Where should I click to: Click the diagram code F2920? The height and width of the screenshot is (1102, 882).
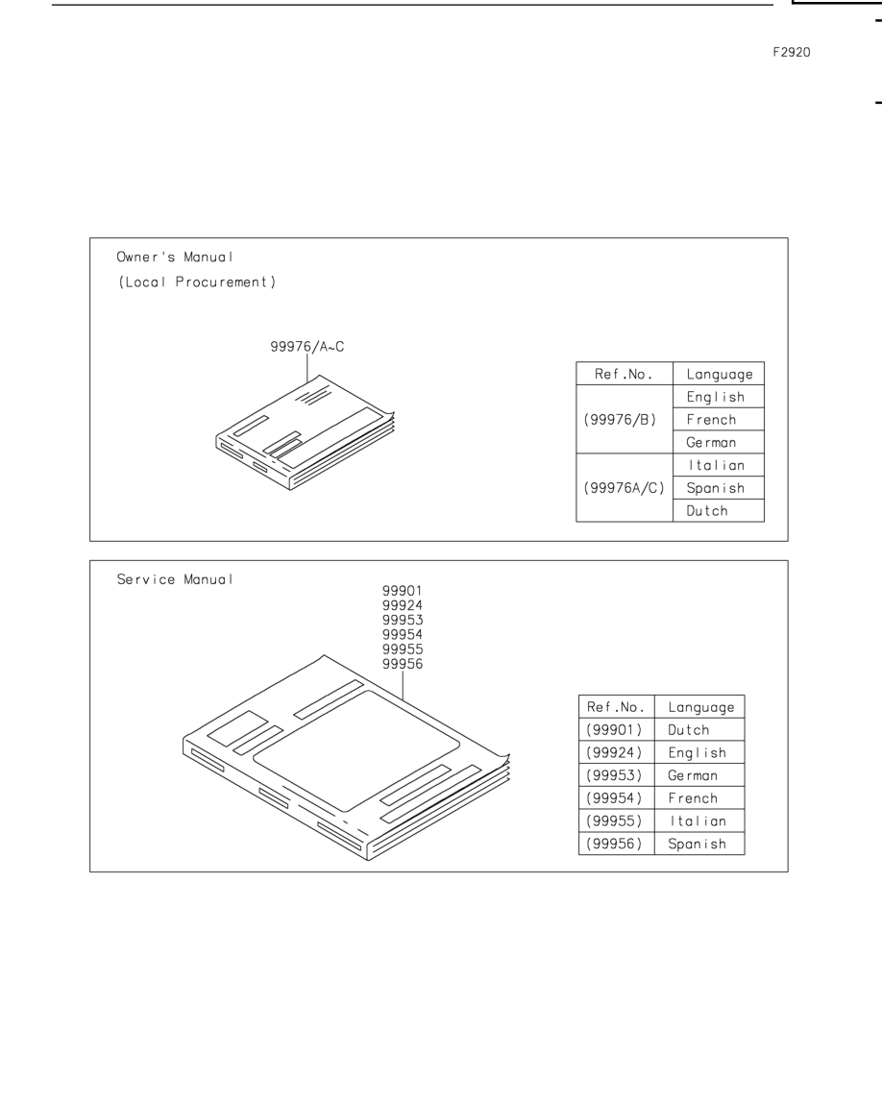pos(792,52)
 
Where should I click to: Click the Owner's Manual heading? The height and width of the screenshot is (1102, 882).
pos(174,257)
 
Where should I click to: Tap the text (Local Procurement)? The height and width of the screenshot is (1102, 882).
pos(197,282)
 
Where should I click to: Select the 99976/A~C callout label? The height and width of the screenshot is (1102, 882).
pos(307,347)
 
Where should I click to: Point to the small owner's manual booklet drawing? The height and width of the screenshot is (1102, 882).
pos(305,432)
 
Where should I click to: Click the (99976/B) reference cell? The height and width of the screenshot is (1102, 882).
pos(620,420)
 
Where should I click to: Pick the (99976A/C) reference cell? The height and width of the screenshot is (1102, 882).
pos(625,488)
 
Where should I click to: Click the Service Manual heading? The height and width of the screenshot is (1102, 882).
pos(174,579)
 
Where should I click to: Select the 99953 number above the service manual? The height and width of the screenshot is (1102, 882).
pos(403,620)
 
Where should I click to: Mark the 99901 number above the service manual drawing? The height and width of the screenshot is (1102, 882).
pos(403,591)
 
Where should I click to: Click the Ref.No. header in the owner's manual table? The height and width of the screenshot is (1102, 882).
pos(625,374)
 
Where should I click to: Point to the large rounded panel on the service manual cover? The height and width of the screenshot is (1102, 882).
pos(356,751)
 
